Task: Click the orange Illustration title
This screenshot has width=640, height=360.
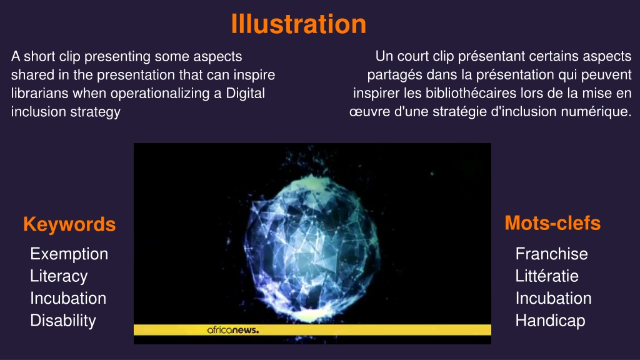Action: (298, 24)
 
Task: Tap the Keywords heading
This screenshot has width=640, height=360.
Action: (69, 224)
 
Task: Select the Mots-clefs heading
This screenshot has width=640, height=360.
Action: (552, 223)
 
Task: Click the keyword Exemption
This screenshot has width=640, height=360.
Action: (69, 254)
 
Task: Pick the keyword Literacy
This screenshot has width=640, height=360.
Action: (59, 276)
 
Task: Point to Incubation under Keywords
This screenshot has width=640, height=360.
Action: (68, 298)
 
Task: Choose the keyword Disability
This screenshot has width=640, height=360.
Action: (63, 321)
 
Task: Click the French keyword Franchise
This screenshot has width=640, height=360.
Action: (551, 254)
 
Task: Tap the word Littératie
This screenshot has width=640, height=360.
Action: (547, 276)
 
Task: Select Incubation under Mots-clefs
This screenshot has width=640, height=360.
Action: (554, 298)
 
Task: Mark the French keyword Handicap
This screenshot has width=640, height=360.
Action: (550, 321)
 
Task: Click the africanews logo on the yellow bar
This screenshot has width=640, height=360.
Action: (232, 330)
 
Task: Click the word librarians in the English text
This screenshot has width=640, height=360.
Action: (40, 93)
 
